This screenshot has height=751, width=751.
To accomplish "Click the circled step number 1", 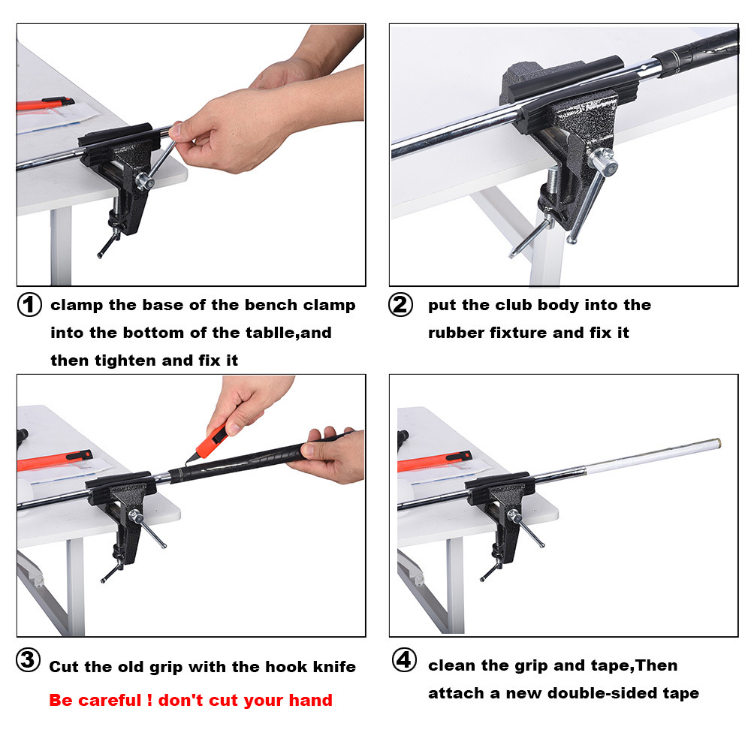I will tap(29, 306).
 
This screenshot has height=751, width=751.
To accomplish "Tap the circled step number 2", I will tap(401, 306).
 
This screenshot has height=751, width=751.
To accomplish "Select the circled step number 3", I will tap(29, 661).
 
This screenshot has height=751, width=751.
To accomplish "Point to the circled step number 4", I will tap(404, 661).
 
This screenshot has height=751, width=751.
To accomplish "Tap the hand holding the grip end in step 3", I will tap(330, 457).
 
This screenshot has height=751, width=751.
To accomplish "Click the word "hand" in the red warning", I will tap(308, 701).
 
